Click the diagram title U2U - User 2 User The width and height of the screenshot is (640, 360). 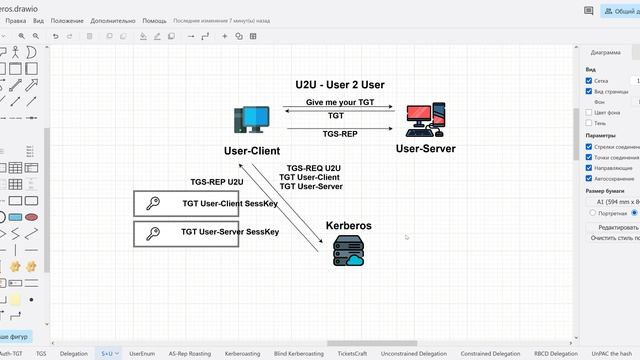[340, 85]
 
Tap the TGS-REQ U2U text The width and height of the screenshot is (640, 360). [313, 168]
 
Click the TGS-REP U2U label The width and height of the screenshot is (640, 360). [217, 182]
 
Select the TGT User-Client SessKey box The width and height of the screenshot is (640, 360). [186, 203]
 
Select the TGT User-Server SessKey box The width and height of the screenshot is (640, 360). [186, 234]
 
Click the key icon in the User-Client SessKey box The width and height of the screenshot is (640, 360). [153, 203]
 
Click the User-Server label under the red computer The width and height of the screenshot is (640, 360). [425, 149]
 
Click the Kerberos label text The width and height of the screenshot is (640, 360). [350, 226]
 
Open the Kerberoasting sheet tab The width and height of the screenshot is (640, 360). [243, 353]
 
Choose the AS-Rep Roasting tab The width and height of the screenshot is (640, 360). [189, 353]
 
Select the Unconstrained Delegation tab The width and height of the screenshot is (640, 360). [413, 353]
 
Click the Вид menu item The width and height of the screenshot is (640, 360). [38, 20]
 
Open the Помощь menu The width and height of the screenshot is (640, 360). [155, 20]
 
